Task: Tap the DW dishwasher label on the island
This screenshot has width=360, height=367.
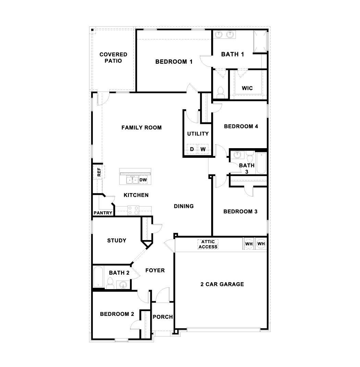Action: click(143, 180)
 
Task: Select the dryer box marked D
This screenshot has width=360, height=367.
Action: click(192, 149)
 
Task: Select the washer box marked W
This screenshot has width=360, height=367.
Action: click(203, 149)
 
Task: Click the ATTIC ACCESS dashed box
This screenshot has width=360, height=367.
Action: click(208, 244)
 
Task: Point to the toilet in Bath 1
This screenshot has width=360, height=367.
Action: click(220, 93)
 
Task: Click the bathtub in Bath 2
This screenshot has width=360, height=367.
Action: click(98, 277)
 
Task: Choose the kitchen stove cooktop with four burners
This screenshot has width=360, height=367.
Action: click(133, 210)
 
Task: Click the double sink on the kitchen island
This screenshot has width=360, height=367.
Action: click(132, 180)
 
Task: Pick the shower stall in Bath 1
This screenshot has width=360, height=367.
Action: click(260, 42)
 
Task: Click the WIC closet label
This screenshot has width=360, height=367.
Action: click(247, 88)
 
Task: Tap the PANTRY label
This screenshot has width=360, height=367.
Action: click(103, 213)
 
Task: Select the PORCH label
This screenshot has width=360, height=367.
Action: click(163, 317)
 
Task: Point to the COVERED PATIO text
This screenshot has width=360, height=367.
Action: click(113, 58)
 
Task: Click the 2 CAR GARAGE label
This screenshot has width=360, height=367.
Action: click(222, 284)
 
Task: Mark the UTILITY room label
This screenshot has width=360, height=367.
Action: click(198, 134)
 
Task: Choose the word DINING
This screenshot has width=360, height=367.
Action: click(184, 206)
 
